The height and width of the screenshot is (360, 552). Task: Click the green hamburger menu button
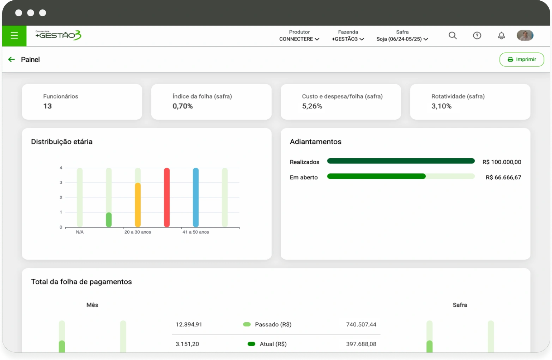[14, 36]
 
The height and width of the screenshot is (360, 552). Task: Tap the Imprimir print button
[522, 59]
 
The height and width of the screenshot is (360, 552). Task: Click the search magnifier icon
[453, 35]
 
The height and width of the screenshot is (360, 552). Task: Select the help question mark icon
[477, 35]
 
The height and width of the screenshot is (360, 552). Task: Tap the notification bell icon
[501, 35]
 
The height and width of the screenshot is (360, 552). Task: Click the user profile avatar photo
[525, 35]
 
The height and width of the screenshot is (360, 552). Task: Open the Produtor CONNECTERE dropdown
[299, 36]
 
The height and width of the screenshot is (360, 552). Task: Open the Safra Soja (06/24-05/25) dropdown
[402, 36]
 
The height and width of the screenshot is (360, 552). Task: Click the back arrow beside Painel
[12, 59]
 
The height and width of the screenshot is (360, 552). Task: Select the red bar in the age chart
[167, 197]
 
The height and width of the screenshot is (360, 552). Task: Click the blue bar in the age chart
[196, 197]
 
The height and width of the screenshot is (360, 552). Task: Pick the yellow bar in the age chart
[138, 205]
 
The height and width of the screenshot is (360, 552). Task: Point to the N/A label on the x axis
[80, 232]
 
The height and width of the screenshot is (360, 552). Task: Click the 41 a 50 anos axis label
[196, 232]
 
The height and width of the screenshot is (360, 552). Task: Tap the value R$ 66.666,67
[503, 178]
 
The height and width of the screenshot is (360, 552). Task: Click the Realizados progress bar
[401, 161]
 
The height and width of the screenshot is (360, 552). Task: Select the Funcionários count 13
[48, 106]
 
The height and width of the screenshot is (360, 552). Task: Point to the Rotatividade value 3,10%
[441, 106]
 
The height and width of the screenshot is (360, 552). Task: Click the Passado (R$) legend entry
[267, 324]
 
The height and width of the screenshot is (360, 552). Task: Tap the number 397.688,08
[361, 344]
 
